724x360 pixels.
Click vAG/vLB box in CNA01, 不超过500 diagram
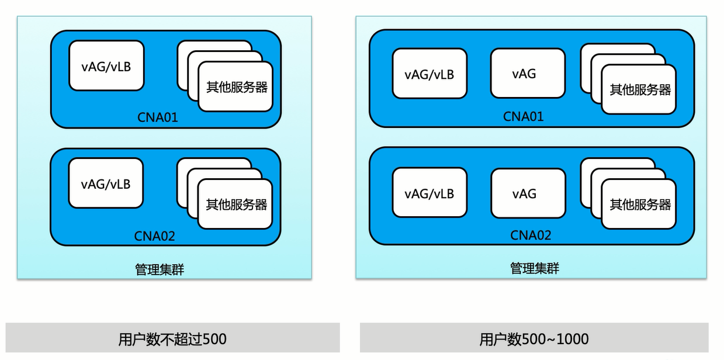coord(106,65)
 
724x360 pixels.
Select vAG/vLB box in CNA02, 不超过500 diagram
coord(106,183)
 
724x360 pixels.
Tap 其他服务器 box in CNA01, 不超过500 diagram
coord(235,86)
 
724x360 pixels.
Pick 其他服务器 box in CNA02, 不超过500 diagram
coord(235,204)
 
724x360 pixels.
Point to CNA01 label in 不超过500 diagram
coord(158,117)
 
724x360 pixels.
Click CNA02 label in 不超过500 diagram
coord(154,236)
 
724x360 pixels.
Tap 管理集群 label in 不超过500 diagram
coord(160,269)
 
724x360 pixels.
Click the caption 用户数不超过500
coord(172,340)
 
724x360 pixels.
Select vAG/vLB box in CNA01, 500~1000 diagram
coord(429,74)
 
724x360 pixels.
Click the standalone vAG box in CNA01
coord(528,73)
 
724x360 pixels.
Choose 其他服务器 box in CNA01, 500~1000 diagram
coord(639,89)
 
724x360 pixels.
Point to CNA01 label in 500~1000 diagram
coord(524,117)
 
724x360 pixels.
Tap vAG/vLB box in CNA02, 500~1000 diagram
coord(429,192)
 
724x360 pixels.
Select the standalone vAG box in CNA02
coord(528,193)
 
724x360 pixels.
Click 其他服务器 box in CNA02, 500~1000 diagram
coord(639,204)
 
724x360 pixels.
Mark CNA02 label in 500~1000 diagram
coord(531,236)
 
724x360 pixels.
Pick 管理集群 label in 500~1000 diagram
coord(535,268)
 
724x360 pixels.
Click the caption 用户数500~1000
coord(534,340)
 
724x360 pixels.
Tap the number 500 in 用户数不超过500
coord(214,340)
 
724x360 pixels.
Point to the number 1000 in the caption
coord(573,340)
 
